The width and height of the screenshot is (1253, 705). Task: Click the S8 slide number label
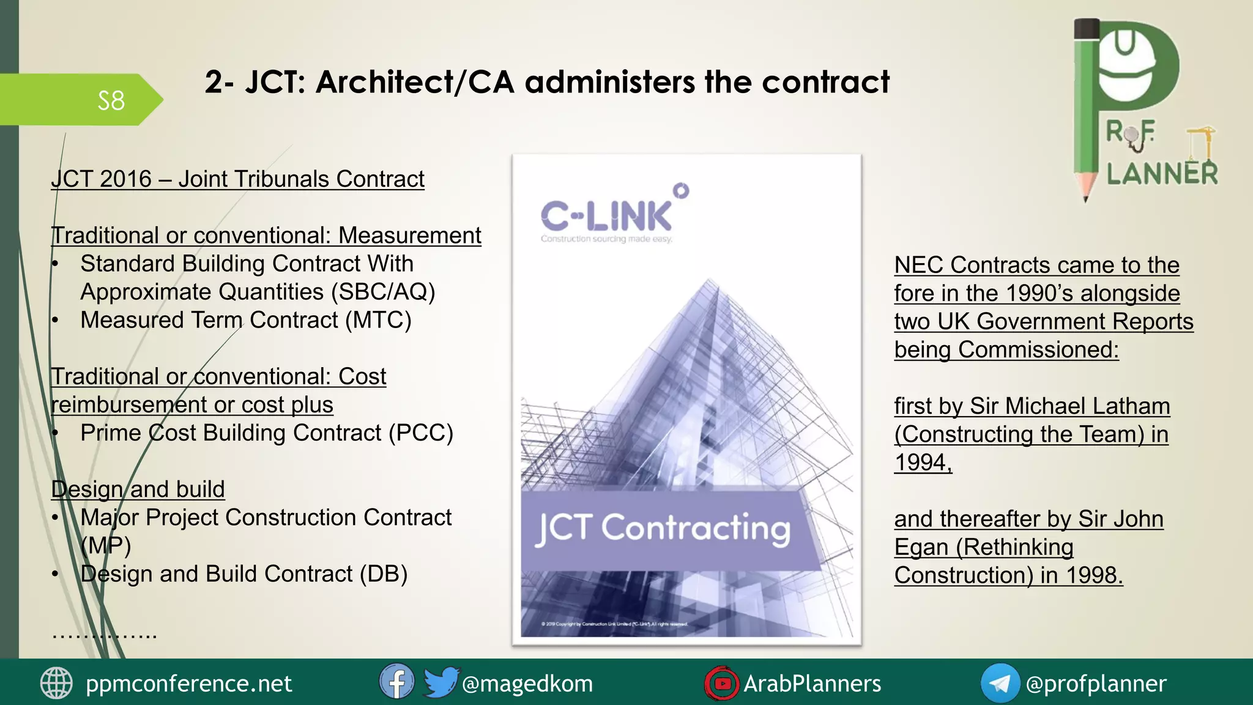[111, 100]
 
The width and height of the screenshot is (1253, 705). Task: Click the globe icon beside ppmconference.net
[56, 683]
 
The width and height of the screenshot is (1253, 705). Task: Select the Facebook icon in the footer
[396, 682]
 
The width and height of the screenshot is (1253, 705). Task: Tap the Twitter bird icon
[441, 682]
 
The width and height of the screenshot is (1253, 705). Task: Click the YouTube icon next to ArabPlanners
[721, 683]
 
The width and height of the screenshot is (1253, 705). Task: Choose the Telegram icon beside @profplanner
[1000, 683]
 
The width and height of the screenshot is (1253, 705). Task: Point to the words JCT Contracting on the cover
[663, 529]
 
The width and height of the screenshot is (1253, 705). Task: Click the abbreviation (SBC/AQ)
[383, 292]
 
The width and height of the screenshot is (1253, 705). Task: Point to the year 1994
[922, 462]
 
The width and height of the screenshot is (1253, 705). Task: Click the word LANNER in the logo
[1162, 174]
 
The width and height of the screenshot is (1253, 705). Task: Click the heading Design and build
[138, 490]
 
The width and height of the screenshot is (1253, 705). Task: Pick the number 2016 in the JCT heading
[125, 179]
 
